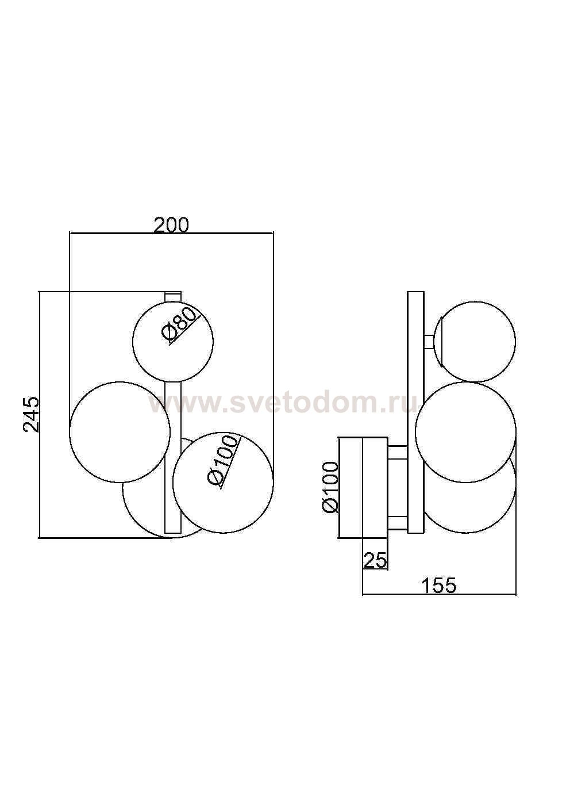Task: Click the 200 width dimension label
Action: point(171,225)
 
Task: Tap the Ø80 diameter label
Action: point(179,323)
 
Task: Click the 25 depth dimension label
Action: point(375,560)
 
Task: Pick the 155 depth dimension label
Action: point(438,586)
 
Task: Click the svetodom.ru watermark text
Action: point(283,404)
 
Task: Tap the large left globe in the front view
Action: point(120,432)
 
